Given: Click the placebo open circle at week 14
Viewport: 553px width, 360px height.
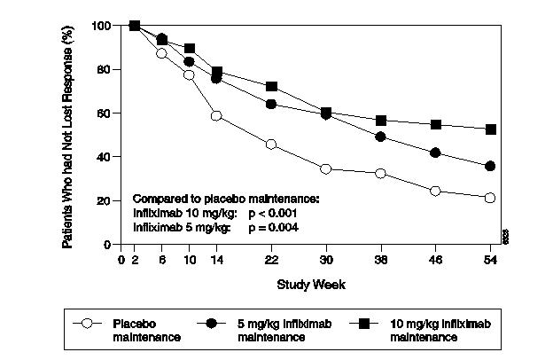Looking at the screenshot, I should click(x=216, y=116).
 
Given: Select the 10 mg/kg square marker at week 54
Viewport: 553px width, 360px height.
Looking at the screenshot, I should click(x=490, y=129).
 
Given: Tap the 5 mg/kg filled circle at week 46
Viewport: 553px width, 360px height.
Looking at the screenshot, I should click(x=435, y=153).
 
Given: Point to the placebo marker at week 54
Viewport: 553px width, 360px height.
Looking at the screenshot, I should click(x=490, y=198).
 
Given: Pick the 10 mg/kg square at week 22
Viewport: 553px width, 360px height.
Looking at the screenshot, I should click(x=271, y=86).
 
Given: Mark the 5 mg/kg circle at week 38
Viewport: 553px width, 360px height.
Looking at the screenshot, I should click(x=380, y=137).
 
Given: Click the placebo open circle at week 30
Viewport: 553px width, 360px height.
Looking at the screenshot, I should click(x=325, y=168).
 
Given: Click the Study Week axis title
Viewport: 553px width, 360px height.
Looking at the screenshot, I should click(x=310, y=285).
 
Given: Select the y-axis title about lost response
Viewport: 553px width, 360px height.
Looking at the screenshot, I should click(x=68, y=135).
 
